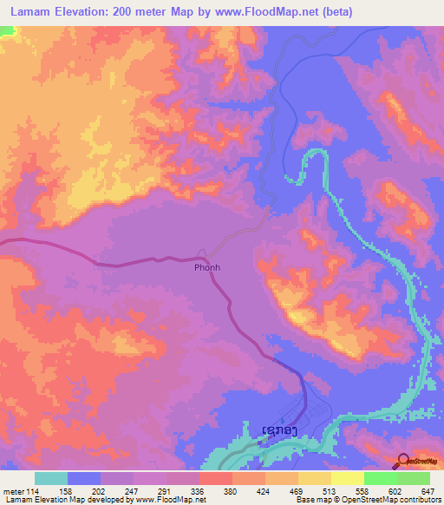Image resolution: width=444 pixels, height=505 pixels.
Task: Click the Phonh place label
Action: (x=206, y=267)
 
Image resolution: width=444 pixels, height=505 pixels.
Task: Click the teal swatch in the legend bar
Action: (x=51, y=478)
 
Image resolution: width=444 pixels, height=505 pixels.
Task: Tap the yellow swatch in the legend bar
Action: (x=347, y=478)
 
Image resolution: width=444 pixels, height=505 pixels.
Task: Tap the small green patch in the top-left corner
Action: (x=7, y=30)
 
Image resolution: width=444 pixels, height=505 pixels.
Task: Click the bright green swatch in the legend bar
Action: (x=381, y=478)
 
